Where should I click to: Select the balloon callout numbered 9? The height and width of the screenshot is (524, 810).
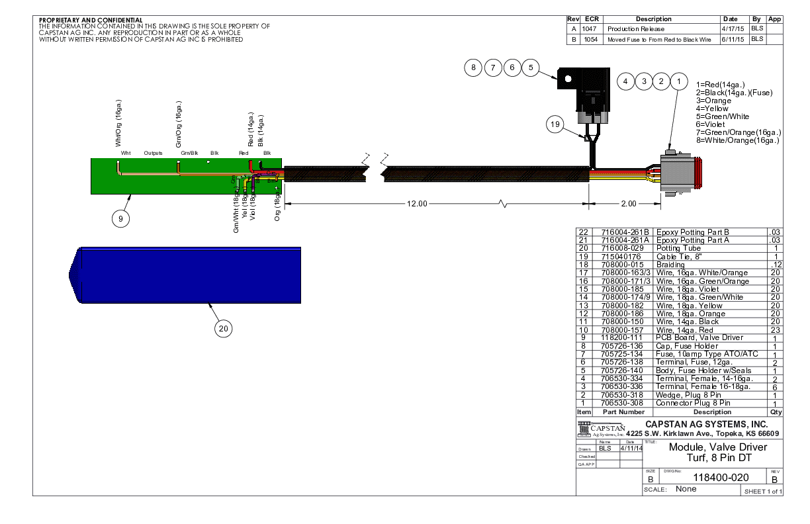pos(120,219)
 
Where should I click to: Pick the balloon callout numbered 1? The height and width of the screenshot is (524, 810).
pos(678,81)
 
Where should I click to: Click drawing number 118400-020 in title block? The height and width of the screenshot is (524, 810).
pos(720,478)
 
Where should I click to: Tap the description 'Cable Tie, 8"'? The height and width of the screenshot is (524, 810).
pos(677,256)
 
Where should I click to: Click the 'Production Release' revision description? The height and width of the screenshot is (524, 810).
pos(636,29)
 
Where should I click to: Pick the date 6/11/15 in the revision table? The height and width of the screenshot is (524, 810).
pos(733,40)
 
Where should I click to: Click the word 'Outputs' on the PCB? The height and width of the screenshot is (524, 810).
pos(153,153)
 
